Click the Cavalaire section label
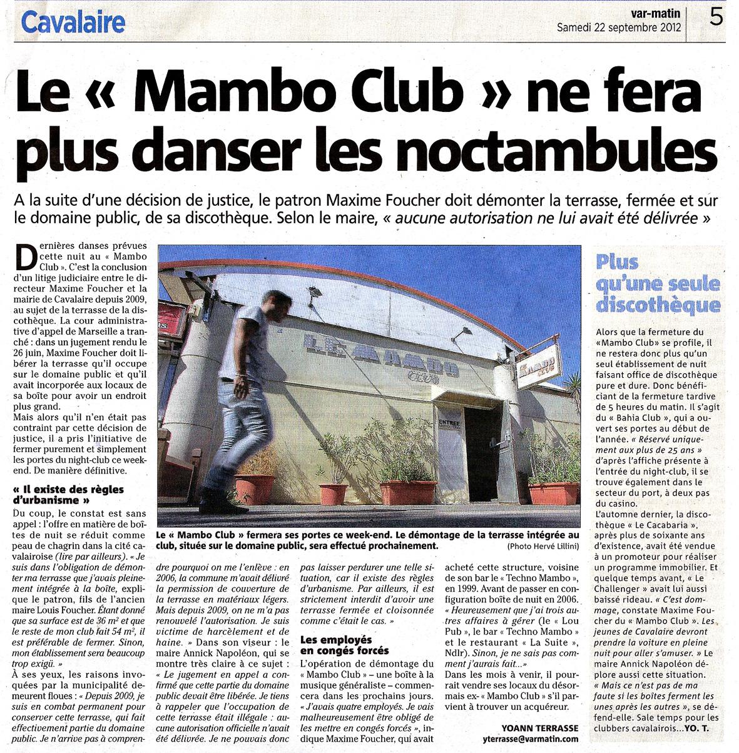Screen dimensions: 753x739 click(x=74, y=23)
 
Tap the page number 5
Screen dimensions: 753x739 click(x=716, y=17)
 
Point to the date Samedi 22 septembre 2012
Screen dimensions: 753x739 click(x=620, y=28)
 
